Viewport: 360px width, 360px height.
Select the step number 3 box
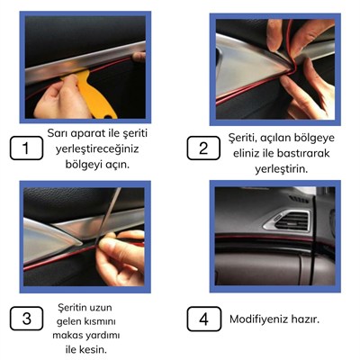(x=27, y=319)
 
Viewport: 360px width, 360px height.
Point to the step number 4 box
(x=205, y=319)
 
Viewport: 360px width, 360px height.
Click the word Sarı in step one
(x=58, y=132)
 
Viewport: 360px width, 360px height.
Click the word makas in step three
(x=71, y=336)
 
